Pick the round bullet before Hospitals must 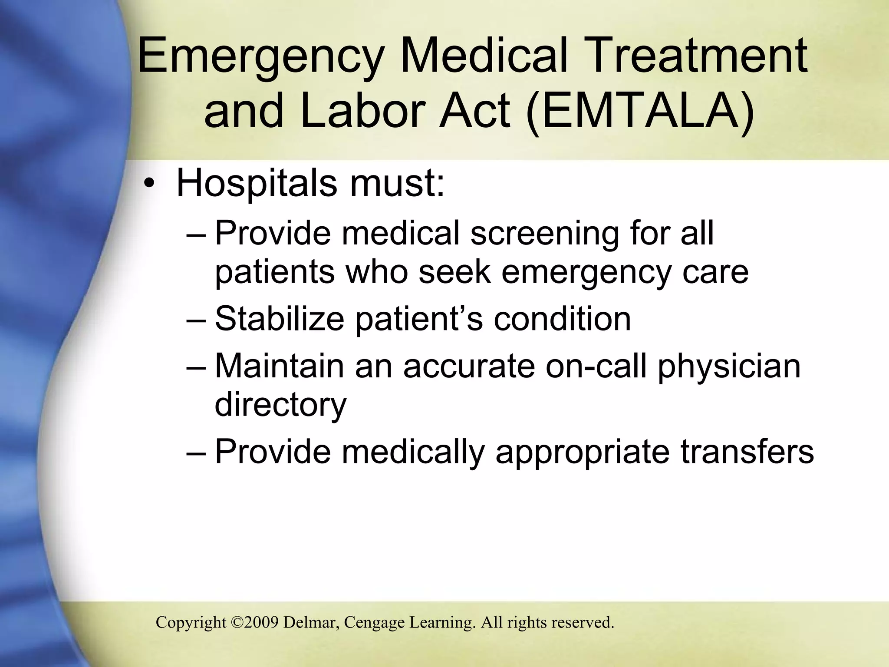point(149,184)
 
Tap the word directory point(280,405)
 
